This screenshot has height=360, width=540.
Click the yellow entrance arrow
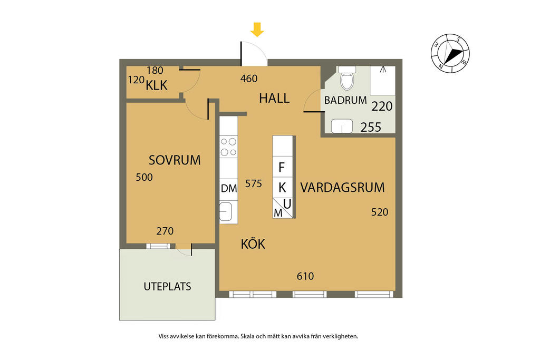tap(257, 30)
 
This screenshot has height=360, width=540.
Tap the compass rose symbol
tap(450, 53)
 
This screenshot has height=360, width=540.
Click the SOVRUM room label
tap(175, 160)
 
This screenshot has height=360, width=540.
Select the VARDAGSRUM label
tap(342, 188)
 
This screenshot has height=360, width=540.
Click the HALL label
tap(274, 99)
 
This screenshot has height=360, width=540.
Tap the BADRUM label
tap(345, 100)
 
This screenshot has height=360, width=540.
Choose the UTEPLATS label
tap(167, 286)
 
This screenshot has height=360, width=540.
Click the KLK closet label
tap(157, 85)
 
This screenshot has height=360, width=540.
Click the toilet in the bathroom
tap(347, 78)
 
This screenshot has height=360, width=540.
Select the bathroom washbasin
tap(342, 126)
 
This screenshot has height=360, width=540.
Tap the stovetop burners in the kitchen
tap(229, 147)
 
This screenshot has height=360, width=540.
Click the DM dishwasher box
tap(229, 189)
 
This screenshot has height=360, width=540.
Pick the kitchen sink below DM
tap(226, 211)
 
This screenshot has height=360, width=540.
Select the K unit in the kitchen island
tap(283, 188)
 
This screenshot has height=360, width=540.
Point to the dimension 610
tap(305, 276)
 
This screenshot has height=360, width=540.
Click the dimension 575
tap(254, 184)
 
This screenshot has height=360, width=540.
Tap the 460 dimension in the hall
tap(249, 79)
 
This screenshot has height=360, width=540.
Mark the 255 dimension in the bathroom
tap(371, 128)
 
